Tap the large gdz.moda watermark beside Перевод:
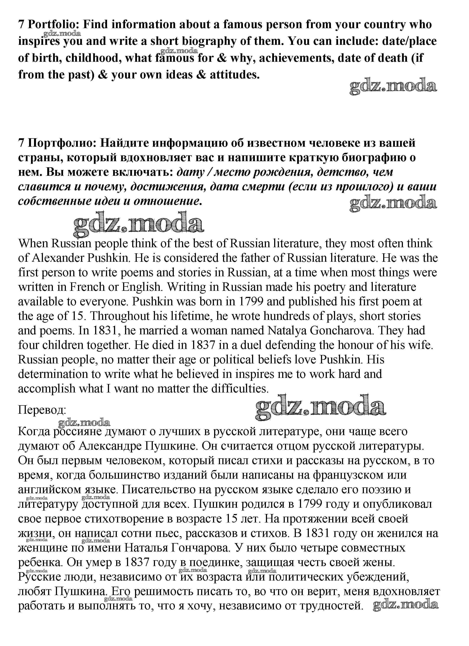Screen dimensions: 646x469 320,407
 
